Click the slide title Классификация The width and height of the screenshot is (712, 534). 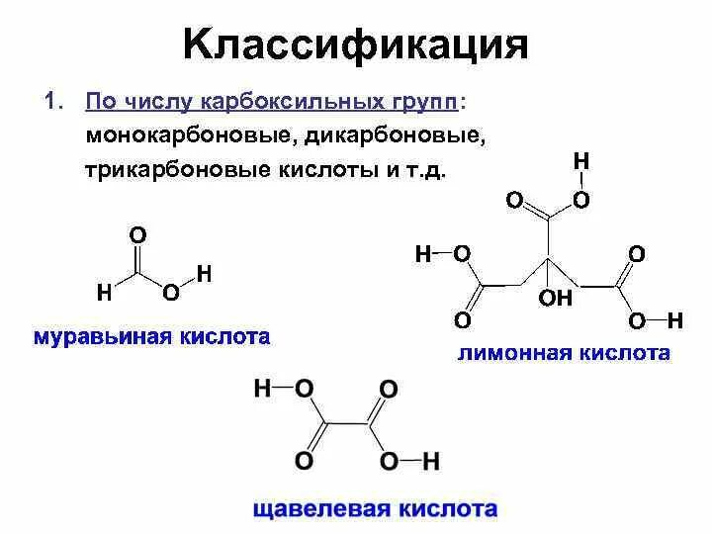[x=356, y=44]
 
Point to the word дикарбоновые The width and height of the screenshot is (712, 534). [x=401, y=136]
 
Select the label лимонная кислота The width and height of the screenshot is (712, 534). [x=564, y=353]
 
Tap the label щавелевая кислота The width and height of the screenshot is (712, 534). [x=375, y=510]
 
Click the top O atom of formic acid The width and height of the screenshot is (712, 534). [x=137, y=234]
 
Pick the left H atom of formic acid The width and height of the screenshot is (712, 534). [x=103, y=293]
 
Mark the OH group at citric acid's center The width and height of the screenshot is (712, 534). [x=556, y=299]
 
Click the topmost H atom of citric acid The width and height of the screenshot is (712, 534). [x=581, y=161]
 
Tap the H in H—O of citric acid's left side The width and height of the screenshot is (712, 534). [x=423, y=255]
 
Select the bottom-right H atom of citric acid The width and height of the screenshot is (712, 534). [x=675, y=321]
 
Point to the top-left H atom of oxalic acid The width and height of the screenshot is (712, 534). [x=262, y=389]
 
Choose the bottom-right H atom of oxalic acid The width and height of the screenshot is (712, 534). [x=431, y=461]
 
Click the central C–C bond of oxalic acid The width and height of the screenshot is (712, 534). [x=347, y=425]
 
